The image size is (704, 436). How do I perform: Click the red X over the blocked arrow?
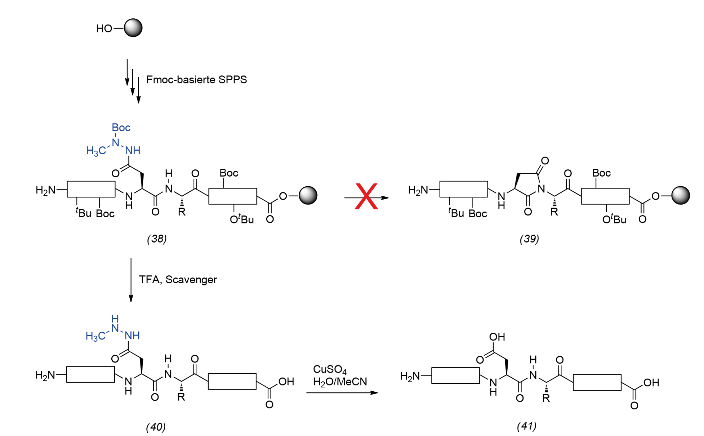pos(366,196)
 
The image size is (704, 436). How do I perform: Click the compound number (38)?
pos(157,239)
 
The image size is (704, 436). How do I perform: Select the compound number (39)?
pos(529,239)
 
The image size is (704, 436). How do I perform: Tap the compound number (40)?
pos(156,427)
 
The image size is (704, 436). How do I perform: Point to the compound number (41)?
pos(527,426)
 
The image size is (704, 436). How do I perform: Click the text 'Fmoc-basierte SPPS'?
pos(196,79)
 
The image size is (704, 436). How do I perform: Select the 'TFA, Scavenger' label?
pos(178,279)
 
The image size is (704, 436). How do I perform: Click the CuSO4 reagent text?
pos(330,370)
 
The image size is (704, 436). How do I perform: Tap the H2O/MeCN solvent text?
pos(340,382)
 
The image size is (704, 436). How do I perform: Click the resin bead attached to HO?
pos(133,28)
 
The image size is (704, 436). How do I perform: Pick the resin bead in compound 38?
pos(308,195)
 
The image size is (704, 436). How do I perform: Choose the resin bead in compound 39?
pos(681,195)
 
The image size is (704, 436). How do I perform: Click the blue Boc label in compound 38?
pos(121,127)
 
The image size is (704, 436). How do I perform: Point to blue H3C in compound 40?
pos(96,336)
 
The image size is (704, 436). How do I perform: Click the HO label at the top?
pos(104,29)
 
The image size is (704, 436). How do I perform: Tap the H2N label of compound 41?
pos(410,376)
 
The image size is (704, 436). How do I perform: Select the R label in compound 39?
pos(554,212)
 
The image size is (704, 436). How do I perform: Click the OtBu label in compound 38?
pos(242,219)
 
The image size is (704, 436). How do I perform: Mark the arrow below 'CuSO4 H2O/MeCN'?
pos(342,393)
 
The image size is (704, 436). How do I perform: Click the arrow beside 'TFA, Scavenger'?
pos(131,280)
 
